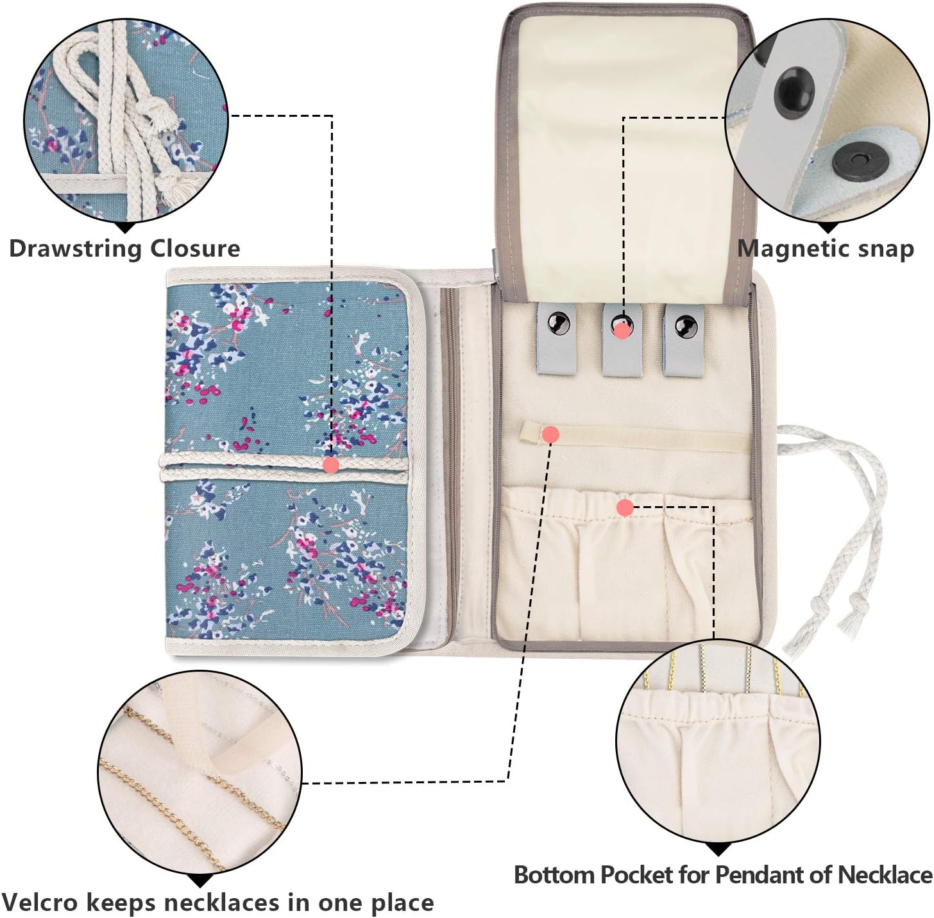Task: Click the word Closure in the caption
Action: pyautogui.click(x=195, y=248)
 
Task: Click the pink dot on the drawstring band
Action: pyautogui.click(x=332, y=464)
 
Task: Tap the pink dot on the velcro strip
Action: pyautogui.click(x=550, y=434)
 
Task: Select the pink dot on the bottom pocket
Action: pyautogui.click(x=625, y=507)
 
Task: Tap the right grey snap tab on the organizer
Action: pyautogui.click(x=684, y=339)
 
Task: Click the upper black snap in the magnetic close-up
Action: pyautogui.click(x=794, y=87)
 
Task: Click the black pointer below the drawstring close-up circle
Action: pyautogui.click(x=128, y=228)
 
